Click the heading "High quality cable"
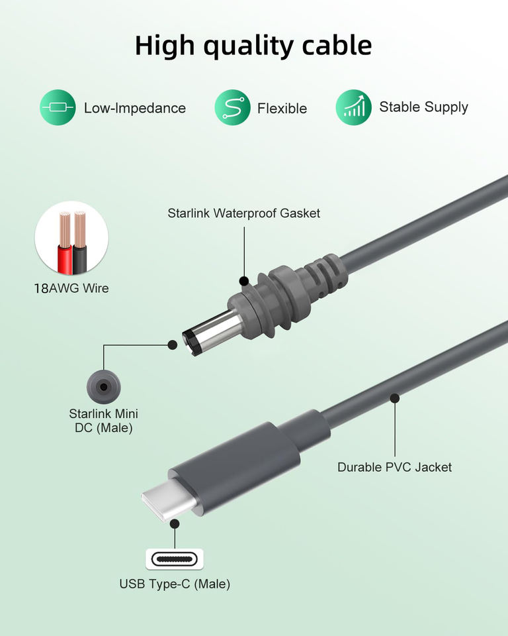tap(253, 46)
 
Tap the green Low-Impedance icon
tap(58, 108)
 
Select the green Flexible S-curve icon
tap(232, 107)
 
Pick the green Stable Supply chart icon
tap(353, 107)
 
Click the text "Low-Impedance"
tap(134, 108)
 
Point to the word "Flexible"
tap(282, 108)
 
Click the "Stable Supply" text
tap(423, 107)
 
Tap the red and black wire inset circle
tap(71, 238)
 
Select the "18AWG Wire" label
tap(71, 288)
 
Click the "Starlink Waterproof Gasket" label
tap(243, 213)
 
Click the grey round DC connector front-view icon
tap(103, 385)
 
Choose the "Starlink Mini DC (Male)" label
tap(103, 421)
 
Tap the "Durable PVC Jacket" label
tap(394, 467)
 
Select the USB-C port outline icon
tap(175, 558)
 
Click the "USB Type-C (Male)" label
tap(175, 584)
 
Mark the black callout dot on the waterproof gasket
tap(243, 281)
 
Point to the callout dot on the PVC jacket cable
tap(395, 398)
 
